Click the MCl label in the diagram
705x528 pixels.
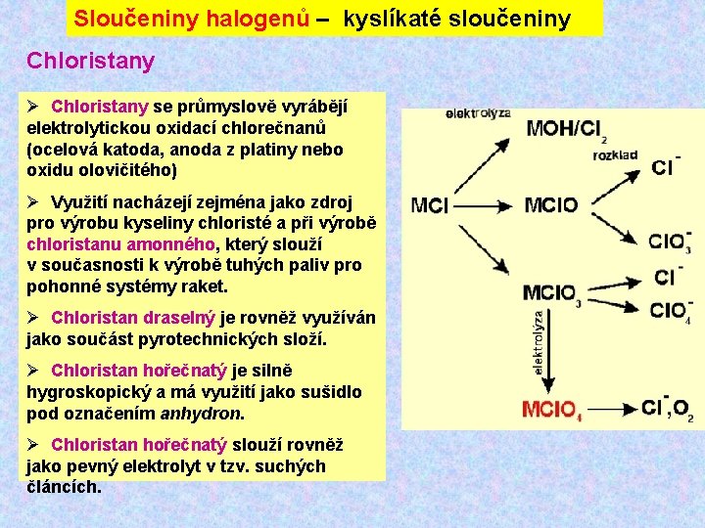(x=431, y=205)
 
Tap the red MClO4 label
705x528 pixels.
(x=552, y=410)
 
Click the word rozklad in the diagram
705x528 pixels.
(x=615, y=154)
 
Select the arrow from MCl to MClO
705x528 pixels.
(x=486, y=205)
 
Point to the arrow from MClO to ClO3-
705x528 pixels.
(x=617, y=225)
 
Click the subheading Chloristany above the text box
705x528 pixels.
(x=90, y=61)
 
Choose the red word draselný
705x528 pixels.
(x=179, y=319)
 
